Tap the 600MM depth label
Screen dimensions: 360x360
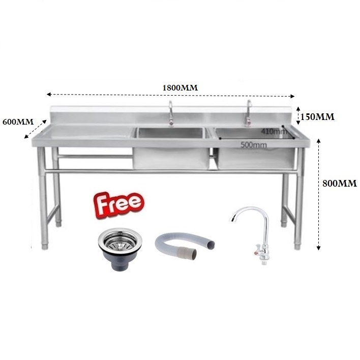click(18, 122)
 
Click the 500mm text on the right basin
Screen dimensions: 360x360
click(253, 145)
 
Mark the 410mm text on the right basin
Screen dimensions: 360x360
click(274, 131)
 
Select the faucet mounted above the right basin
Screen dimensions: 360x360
click(249, 113)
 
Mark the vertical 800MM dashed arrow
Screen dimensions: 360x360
click(319, 193)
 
